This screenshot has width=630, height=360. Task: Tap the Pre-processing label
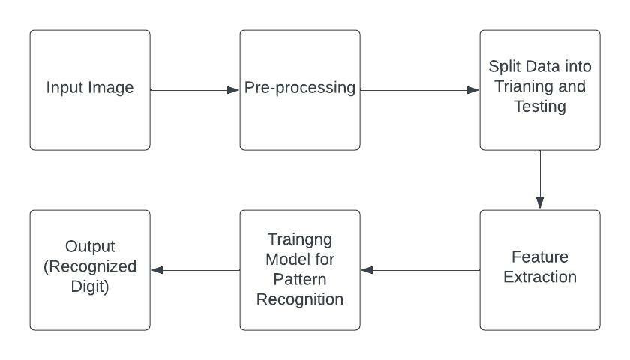tap(300, 88)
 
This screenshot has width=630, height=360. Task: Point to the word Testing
tap(539, 106)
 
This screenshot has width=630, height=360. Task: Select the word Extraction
tap(539, 277)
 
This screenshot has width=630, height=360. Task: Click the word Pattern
tap(299, 279)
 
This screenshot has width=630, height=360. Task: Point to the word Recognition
tap(299, 299)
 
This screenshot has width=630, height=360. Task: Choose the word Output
tap(89, 246)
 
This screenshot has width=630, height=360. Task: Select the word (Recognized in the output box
tap(89, 266)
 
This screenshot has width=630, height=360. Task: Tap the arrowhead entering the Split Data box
tap(473, 90)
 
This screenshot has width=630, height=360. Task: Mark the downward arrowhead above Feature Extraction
tap(540, 202)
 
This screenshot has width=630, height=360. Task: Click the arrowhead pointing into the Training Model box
tap(367, 270)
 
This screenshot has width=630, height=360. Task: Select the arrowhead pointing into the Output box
tap(157, 270)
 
